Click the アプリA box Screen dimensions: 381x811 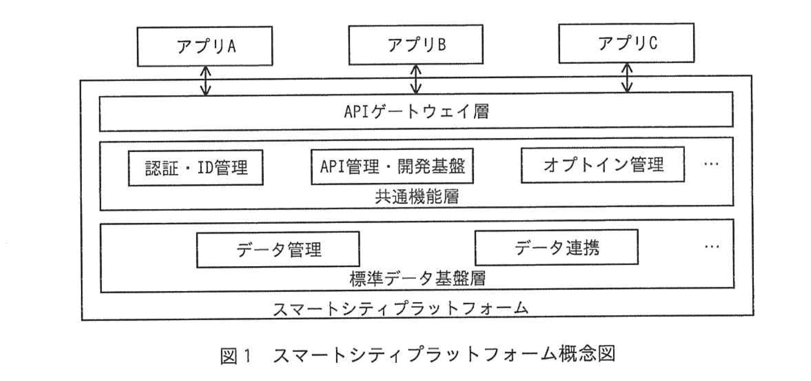pos(205,46)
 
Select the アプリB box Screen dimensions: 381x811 pos(416,45)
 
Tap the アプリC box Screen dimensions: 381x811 pos(626,43)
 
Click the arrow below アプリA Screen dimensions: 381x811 pos(205,80)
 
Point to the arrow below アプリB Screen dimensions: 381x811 pos(416,79)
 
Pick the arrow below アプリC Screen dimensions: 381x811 pos(627,77)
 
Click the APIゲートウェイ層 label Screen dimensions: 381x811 pos(416,111)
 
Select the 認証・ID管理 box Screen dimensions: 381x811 pos(196,168)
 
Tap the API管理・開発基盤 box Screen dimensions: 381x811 pos(392,166)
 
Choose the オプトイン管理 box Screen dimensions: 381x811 pos(602,165)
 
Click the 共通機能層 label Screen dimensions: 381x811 pos(417,197)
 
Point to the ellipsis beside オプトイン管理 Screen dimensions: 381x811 pos(711,164)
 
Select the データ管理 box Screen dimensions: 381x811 pos(278,249)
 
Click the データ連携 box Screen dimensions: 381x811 pos(556,247)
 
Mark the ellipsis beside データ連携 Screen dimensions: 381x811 pos(712,247)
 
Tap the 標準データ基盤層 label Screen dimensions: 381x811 pos(417,279)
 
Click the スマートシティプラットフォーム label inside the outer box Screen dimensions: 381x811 pos(400,308)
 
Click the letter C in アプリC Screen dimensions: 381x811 pos(652,44)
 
